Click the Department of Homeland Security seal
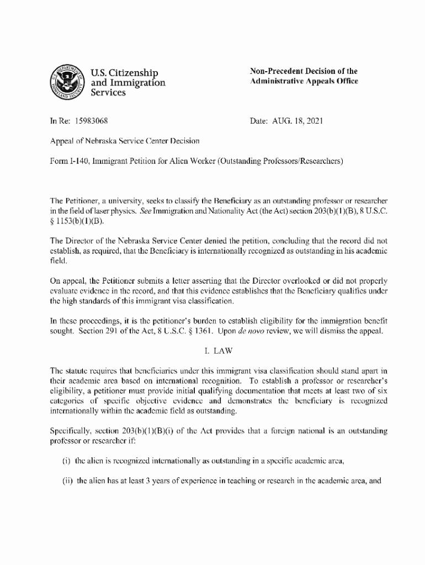(x=66, y=82)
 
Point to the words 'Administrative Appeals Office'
(x=304, y=81)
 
